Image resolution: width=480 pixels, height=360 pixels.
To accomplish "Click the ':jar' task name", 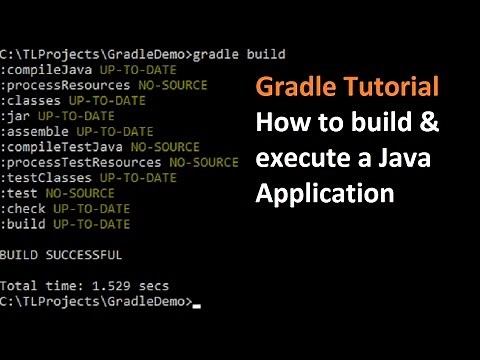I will tap(16, 116).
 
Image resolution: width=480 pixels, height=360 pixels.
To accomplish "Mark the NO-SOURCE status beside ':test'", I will tap(78, 193).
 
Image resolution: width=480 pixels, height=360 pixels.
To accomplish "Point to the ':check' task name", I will tap(23, 209).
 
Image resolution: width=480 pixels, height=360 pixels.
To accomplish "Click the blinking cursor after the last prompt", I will tap(196, 304).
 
